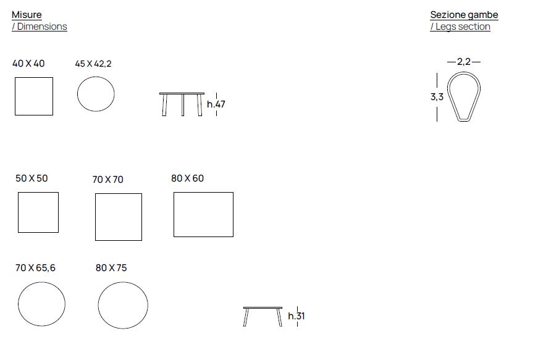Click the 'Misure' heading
27,15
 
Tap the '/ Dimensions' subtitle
39,27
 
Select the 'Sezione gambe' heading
464,15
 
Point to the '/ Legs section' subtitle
460,27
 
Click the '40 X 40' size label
28,64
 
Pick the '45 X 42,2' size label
93,64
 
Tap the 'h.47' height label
216,104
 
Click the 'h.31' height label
296,316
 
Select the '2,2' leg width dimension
464,62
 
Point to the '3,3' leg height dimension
437,96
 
